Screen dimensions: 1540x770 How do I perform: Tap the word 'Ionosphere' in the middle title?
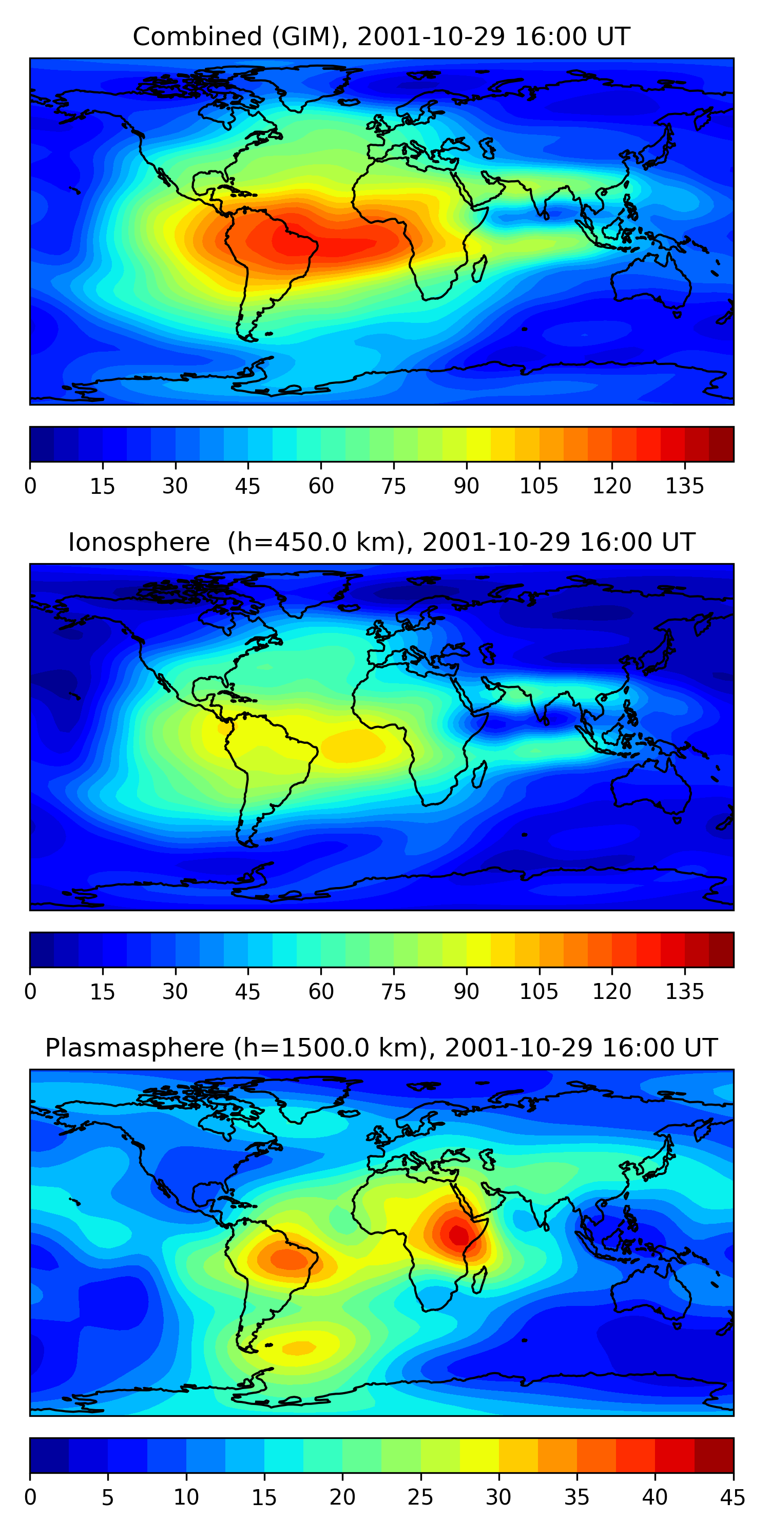coord(139,543)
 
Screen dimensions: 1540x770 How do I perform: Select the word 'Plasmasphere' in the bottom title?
coord(134,1048)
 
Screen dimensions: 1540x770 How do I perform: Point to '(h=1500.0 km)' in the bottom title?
coord(331,1048)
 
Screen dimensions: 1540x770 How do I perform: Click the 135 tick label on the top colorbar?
coord(684,486)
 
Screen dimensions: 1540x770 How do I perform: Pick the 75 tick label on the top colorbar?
coord(393,486)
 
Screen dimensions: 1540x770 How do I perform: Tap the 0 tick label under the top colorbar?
coord(30,486)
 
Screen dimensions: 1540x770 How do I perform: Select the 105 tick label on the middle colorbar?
coord(538,992)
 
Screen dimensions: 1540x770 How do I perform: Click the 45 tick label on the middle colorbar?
coord(247,992)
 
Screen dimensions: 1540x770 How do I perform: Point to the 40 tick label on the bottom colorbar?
coord(654,1497)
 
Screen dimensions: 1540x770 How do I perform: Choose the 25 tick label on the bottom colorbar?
coord(420,1497)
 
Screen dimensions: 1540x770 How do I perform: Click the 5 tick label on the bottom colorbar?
coord(108,1497)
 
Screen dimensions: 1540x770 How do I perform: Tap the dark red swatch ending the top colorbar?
coord(721,444)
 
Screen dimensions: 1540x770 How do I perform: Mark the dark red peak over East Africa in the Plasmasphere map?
coord(459,1235)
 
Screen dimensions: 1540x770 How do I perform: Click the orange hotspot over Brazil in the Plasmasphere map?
coord(287,1258)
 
